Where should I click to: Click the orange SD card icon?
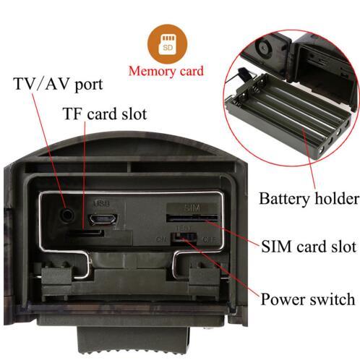(x=168, y=44)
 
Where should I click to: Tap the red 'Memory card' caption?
(x=166, y=72)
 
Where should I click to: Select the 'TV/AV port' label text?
(x=59, y=84)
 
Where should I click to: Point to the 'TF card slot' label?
(x=105, y=114)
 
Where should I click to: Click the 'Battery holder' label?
(x=309, y=199)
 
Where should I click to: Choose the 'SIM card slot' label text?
(x=309, y=247)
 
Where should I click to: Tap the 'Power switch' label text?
(x=308, y=299)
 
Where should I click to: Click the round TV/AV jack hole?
(x=67, y=214)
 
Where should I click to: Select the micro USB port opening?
(x=103, y=219)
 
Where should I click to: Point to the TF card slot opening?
(x=85, y=233)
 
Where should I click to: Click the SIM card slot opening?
(x=192, y=218)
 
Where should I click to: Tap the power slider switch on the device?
(x=184, y=238)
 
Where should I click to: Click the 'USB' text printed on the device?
(x=102, y=203)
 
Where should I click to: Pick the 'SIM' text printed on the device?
(x=192, y=208)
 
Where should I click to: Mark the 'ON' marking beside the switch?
(x=161, y=239)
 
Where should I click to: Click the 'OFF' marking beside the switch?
(x=209, y=239)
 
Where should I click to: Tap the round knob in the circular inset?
(x=263, y=49)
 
